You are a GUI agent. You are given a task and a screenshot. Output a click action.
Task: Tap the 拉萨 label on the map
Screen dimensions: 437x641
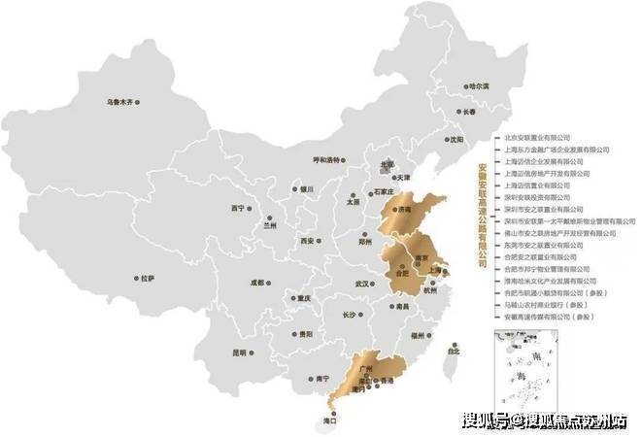pyautogui.click(x=147, y=278)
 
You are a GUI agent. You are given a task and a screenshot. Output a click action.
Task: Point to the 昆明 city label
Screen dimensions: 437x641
pyautogui.click(x=240, y=353)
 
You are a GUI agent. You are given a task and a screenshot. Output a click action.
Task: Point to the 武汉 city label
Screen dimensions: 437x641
pyautogui.click(x=363, y=284)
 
